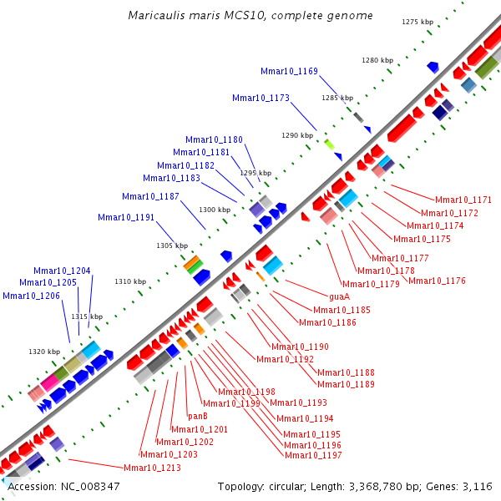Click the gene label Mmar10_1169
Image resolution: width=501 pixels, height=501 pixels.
point(289,72)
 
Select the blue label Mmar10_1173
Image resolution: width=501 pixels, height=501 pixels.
point(261,99)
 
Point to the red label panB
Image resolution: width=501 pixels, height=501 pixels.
point(197,416)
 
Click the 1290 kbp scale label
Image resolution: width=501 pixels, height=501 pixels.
point(296,135)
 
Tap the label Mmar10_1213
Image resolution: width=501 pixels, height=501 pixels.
point(152,468)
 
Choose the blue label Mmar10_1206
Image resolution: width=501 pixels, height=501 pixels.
point(31,296)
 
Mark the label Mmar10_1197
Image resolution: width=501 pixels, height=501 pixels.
point(313,455)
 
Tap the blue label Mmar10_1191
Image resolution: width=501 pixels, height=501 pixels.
point(126,217)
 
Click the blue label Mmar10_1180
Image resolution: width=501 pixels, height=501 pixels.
point(214,139)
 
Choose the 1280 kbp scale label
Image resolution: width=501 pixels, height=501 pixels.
point(377,61)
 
